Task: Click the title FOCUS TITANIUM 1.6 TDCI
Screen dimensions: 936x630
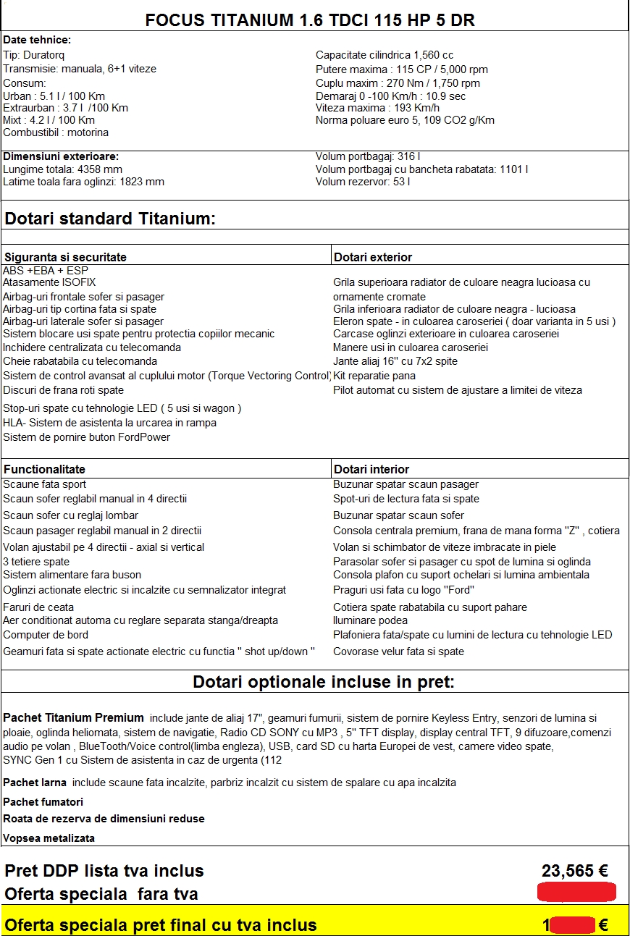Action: point(310,20)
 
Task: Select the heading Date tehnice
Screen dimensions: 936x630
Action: point(37,41)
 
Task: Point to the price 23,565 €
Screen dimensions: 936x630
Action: point(574,871)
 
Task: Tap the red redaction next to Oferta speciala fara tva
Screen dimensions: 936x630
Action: point(576,893)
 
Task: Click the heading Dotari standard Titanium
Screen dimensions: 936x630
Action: point(110,219)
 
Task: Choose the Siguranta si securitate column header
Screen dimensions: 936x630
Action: point(65,257)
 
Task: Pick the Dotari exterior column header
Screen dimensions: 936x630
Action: point(372,257)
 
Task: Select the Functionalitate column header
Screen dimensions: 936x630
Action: point(44,469)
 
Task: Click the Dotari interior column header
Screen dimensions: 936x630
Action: point(371,469)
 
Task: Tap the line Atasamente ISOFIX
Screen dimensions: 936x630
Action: point(49,282)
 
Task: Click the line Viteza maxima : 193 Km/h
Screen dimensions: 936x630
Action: point(377,108)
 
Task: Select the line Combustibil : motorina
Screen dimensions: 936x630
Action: point(56,132)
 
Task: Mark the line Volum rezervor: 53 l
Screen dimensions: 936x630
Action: point(363,182)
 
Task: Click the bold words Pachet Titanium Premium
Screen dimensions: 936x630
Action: point(73,718)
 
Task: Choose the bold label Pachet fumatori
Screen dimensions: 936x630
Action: point(43,802)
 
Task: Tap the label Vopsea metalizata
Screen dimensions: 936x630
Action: point(49,838)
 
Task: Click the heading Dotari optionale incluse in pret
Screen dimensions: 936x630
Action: point(323,683)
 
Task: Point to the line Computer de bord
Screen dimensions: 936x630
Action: point(46,635)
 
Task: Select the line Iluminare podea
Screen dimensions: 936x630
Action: point(370,620)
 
